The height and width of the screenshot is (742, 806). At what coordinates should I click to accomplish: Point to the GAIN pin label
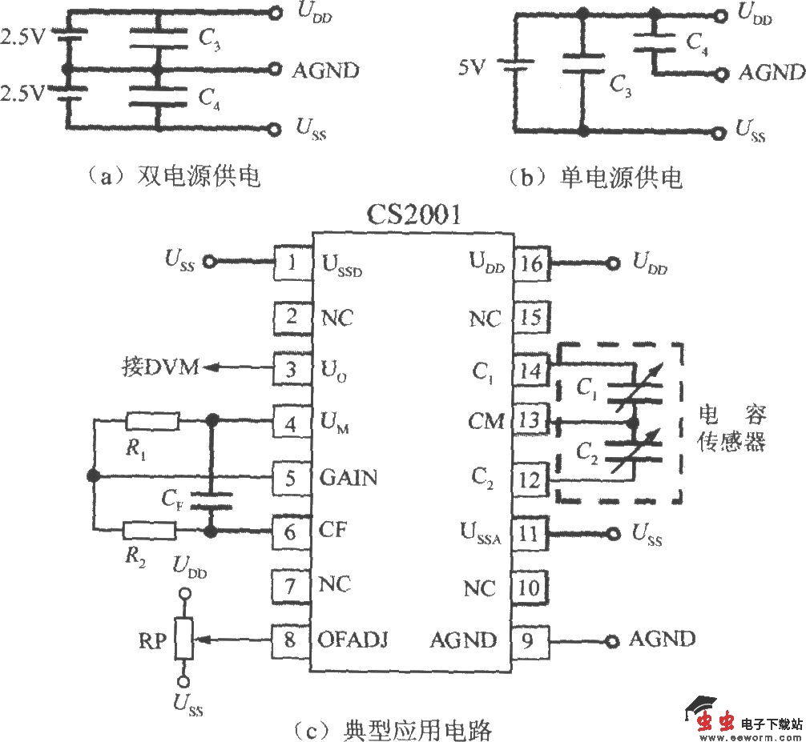(x=349, y=478)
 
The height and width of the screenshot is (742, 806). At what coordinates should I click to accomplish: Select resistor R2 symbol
(x=150, y=530)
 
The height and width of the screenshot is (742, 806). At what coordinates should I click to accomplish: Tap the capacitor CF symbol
(x=212, y=502)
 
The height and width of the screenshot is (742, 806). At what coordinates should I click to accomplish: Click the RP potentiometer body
(x=185, y=640)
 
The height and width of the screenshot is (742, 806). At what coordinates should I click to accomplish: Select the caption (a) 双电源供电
(x=173, y=177)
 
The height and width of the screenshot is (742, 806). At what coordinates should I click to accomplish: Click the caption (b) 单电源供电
(x=595, y=177)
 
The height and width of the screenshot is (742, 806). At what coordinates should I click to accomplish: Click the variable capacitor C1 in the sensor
(x=633, y=389)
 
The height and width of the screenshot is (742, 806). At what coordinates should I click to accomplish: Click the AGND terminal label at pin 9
(x=662, y=639)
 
